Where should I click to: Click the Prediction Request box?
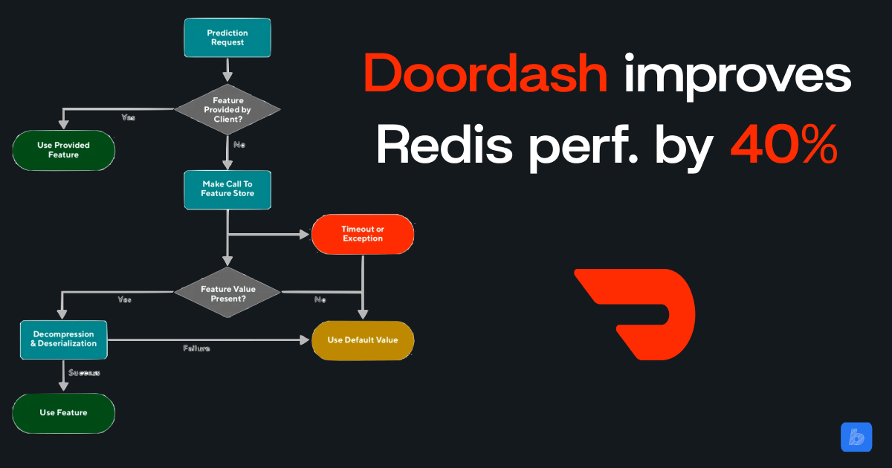[x=227, y=38]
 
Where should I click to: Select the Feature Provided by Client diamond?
[x=227, y=109]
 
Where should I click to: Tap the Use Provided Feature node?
[x=64, y=149]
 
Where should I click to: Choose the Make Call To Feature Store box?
[x=227, y=189]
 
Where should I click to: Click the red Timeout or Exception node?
[x=362, y=233]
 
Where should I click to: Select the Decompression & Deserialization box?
[x=63, y=339]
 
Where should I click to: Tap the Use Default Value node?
[x=362, y=339]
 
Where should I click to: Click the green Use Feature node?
[x=63, y=412]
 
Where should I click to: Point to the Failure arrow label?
[x=196, y=348]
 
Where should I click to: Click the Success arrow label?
[x=84, y=371]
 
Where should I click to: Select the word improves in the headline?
[x=737, y=75]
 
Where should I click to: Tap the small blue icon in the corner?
[x=856, y=437]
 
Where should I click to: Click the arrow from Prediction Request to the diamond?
[x=227, y=70]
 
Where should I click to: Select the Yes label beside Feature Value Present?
[x=125, y=299]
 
